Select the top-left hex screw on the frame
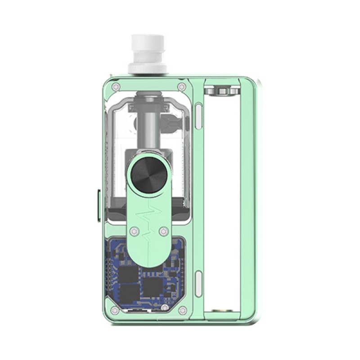click(x=116, y=86)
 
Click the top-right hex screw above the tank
click(x=182, y=86)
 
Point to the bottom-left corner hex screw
click(x=116, y=310)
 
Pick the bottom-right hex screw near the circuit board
click(x=182, y=310)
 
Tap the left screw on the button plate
click(x=133, y=231)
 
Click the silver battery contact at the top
click(x=220, y=90)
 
